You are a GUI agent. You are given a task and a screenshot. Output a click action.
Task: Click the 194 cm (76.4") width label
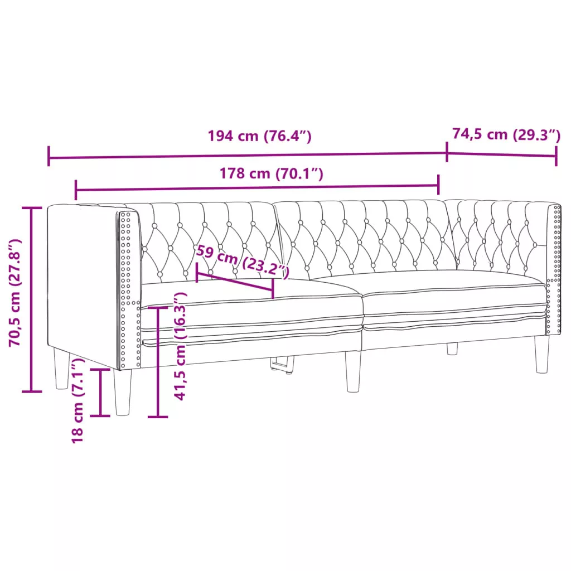pyautogui.click(x=260, y=136)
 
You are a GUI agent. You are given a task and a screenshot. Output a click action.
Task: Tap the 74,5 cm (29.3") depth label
pyautogui.click(x=506, y=134)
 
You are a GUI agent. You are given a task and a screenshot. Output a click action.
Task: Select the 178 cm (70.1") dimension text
pyautogui.click(x=272, y=173)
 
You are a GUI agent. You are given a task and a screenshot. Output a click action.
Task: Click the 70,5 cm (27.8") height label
pyautogui.click(x=16, y=292)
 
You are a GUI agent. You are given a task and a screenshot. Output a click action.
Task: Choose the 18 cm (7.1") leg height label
pyautogui.click(x=78, y=400)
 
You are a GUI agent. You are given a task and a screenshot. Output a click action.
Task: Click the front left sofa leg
pyautogui.click(x=122, y=392)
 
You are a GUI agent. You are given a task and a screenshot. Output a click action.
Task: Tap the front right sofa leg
pyautogui.click(x=542, y=354)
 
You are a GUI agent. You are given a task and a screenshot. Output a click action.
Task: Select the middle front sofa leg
pyautogui.click(x=353, y=371)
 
